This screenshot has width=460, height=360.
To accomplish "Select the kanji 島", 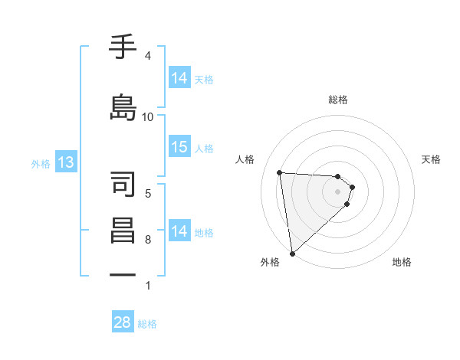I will pos(123,106).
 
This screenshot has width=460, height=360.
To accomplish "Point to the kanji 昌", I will pos(123,231).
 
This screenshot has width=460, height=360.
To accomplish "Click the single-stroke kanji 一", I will pos(123,273).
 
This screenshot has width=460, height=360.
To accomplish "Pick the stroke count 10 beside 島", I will pos(148,117).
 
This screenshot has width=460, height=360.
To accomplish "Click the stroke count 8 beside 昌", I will pos(148,240).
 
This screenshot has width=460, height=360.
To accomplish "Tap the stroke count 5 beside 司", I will pos(148,194).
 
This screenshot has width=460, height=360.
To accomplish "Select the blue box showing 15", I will pos(179,147).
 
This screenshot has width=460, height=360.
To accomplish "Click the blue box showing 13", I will pos(65,162).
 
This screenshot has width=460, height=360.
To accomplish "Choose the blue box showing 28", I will pos(123,322).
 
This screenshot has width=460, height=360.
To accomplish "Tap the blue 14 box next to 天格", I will pos(179,78).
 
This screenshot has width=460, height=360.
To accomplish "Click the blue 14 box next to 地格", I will pos(179,231).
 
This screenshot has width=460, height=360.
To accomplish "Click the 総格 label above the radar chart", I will pos(338,100).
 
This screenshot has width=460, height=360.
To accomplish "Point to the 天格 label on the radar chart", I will pos(432,159).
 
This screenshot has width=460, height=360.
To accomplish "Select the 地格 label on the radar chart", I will pos(402,262).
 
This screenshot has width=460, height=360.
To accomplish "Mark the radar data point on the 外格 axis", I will pos(291,254).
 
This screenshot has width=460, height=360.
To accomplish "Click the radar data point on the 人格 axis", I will pos(280,172).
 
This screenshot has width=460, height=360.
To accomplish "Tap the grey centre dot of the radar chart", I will pos(338,191).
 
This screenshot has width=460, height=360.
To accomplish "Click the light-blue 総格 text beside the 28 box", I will pos(147,324).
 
